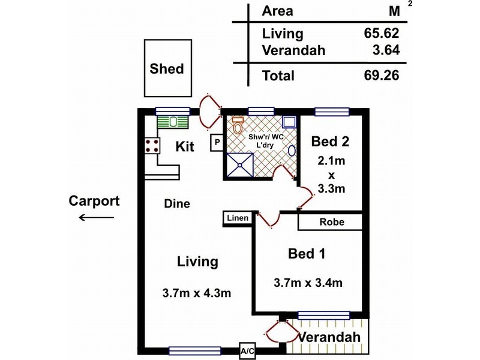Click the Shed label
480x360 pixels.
(x=166, y=68)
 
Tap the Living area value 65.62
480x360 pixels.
(x=382, y=33)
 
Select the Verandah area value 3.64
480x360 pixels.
(x=386, y=50)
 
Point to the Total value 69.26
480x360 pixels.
(x=382, y=75)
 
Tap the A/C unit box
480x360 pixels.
(x=247, y=351)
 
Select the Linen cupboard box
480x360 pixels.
(x=238, y=218)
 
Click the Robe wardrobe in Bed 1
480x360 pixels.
(x=331, y=221)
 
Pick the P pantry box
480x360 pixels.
(x=217, y=142)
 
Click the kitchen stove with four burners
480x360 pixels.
(x=151, y=146)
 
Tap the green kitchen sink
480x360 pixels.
(x=173, y=121)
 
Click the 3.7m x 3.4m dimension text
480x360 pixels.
(x=308, y=282)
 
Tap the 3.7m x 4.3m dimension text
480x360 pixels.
(x=197, y=293)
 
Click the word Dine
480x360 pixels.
(x=177, y=204)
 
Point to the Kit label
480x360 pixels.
(x=184, y=146)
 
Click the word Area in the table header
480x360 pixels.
(x=277, y=11)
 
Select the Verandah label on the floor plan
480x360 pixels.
(x=330, y=337)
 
